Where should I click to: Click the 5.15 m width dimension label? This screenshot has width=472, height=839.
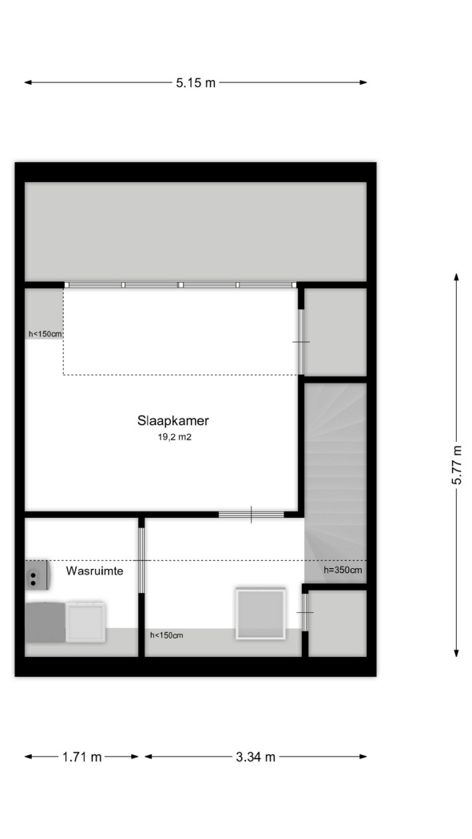(196, 83)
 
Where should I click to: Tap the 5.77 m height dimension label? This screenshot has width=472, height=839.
(457, 464)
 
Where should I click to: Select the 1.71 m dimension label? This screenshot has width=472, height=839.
(81, 757)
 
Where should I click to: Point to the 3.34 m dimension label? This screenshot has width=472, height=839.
(256, 757)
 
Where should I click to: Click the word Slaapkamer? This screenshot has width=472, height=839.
(173, 420)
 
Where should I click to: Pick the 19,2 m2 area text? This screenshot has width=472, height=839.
(174, 437)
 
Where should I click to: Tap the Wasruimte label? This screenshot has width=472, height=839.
(94, 571)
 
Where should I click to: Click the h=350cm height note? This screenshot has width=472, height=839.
(343, 570)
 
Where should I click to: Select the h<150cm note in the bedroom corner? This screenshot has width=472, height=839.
(46, 334)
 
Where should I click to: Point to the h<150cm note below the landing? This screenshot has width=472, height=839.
(167, 635)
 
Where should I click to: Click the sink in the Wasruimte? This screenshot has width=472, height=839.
(38, 575)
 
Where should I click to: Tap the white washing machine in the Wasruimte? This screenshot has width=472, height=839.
(85, 621)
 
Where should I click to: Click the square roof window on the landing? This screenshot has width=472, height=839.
(260, 613)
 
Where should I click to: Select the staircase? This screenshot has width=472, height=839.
(335, 483)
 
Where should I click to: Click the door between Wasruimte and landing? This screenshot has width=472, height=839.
(141, 560)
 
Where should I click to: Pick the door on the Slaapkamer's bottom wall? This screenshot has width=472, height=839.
(252, 515)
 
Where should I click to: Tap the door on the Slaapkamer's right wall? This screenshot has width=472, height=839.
(301, 342)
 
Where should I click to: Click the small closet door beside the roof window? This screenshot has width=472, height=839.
(305, 611)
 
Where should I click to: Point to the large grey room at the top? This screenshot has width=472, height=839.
(196, 232)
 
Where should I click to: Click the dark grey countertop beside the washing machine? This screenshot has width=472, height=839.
(46, 622)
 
